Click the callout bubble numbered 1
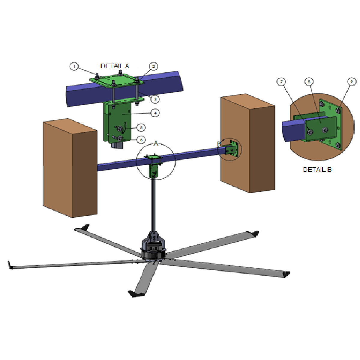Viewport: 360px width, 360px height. pos(74,67)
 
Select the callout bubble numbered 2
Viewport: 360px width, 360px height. pos(154,67)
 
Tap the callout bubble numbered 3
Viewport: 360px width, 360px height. pos(155,99)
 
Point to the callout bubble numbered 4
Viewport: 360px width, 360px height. pos(155,113)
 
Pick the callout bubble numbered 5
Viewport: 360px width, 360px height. pos(141,127)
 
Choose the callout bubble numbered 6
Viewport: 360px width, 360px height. pos(141,140)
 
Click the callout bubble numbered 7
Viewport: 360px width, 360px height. pos(281,82)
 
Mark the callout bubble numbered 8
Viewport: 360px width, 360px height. pos(309,82)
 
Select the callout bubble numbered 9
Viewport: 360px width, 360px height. pos(352,82)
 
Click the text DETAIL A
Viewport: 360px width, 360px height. pos(115,66)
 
